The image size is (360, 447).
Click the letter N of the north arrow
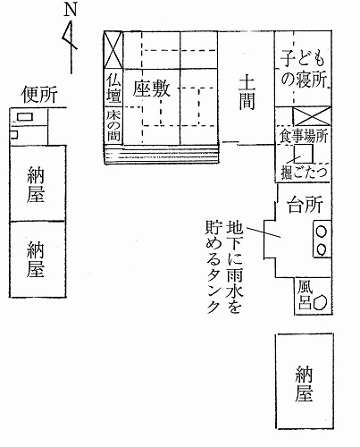71,10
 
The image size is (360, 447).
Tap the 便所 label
39,94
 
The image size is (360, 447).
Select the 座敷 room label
151,89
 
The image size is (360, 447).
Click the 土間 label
247,92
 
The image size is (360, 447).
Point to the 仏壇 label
113,89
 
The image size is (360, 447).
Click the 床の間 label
113,126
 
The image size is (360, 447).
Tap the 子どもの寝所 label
303,69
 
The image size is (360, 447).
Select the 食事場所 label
303,137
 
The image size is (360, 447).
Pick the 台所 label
305,205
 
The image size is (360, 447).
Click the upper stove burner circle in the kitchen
322,232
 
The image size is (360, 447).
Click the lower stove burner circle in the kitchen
322,249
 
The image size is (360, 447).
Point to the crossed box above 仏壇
113,50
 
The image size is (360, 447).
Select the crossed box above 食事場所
312,115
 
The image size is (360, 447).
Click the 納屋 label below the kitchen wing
304,384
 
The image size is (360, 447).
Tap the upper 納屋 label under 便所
36,184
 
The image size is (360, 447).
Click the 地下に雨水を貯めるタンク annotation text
224,266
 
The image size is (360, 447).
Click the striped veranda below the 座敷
162,155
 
